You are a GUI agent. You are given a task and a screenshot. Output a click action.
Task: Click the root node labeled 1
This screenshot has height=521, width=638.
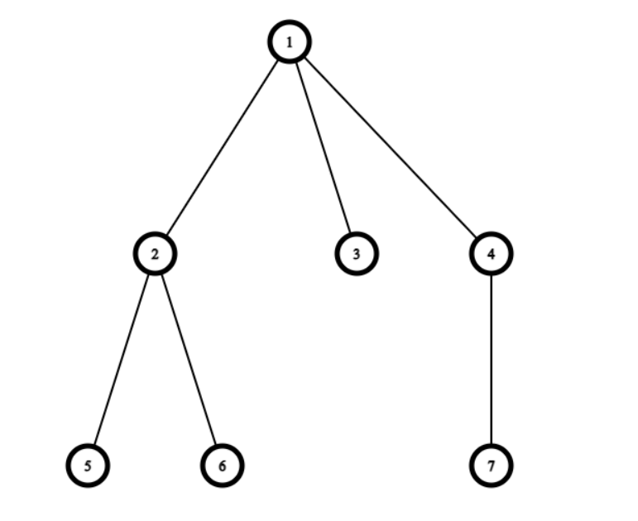290,42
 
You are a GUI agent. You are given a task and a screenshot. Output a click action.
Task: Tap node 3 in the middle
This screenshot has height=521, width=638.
357,253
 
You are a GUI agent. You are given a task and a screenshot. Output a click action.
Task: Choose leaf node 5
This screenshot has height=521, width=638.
88,466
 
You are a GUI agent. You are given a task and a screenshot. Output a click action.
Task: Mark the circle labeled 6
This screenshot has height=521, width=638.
222,466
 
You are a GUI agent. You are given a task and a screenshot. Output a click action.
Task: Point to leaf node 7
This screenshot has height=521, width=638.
492,466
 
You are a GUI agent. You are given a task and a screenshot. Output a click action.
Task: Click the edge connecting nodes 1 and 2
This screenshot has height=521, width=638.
222,148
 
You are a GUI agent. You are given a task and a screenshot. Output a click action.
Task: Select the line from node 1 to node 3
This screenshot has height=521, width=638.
324,148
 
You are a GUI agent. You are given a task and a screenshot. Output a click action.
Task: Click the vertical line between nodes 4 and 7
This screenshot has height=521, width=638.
492,360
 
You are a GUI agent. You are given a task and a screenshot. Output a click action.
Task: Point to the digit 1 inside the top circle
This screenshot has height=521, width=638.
290,42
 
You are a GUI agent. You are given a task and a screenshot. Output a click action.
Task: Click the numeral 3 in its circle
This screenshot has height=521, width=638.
357,253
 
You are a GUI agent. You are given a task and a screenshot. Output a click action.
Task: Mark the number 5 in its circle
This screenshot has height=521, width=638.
88,466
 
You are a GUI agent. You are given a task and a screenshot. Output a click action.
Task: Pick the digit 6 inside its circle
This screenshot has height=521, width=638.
222,466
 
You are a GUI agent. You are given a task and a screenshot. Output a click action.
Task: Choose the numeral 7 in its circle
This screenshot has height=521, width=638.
492,466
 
